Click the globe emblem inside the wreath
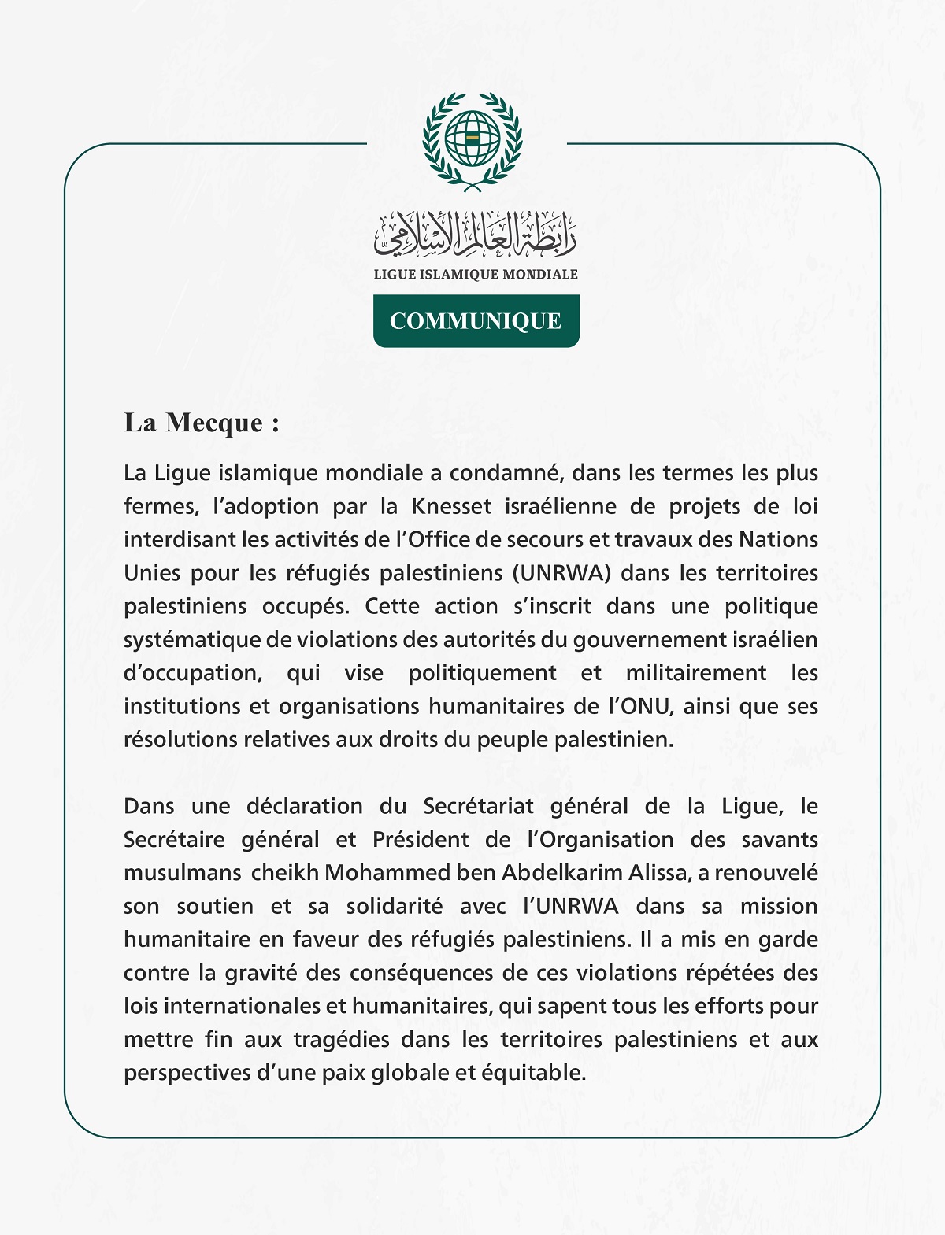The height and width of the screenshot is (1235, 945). pyautogui.click(x=472, y=139)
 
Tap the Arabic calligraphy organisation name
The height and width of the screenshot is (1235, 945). pyautogui.click(x=475, y=235)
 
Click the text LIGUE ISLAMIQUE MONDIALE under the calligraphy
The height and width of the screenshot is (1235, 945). pyautogui.click(x=475, y=274)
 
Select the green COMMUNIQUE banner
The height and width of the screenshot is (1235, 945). pyautogui.click(x=476, y=321)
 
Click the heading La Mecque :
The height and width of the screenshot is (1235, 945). pyautogui.click(x=202, y=423)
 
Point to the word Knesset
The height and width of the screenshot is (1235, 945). pyautogui.click(x=452, y=506)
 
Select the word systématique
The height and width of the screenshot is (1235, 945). pyautogui.click(x=192, y=640)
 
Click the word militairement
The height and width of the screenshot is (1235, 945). pyautogui.click(x=696, y=673)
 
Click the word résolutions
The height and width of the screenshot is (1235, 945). pyautogui.click(x=180, y=740)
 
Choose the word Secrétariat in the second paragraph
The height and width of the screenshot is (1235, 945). pyautogui.click(x=478, y=806)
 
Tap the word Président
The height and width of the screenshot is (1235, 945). pyautogui.click(x=421, y=840)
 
